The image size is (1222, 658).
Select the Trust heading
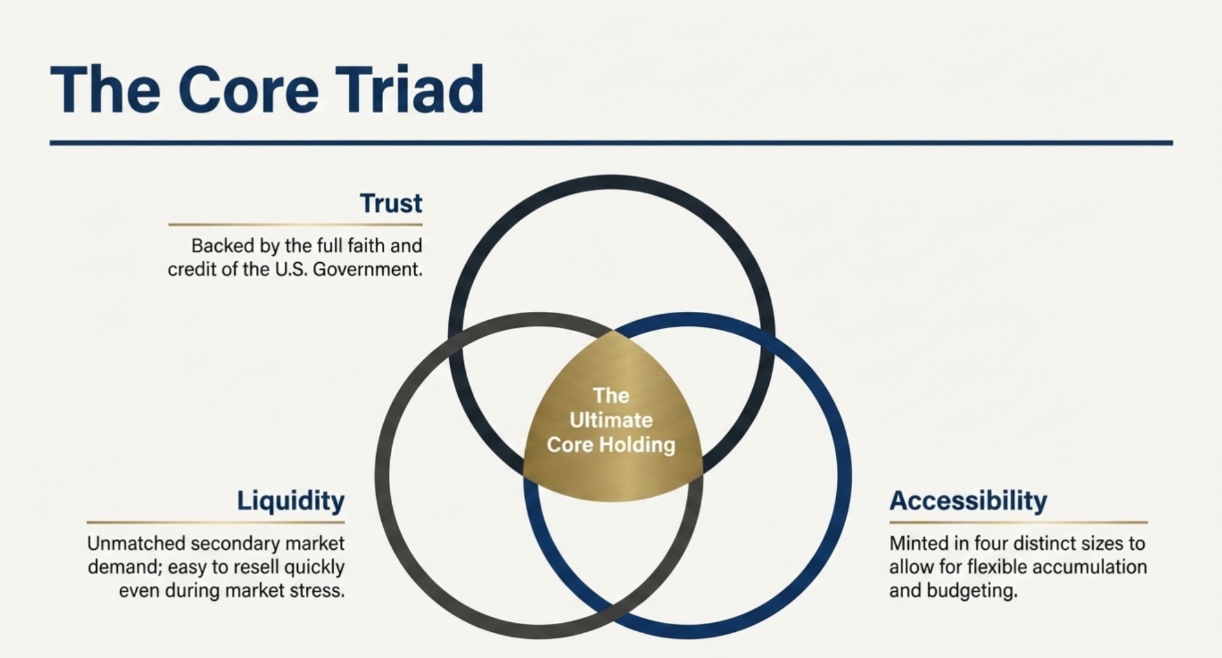point(391,204)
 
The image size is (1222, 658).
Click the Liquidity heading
point(291,501)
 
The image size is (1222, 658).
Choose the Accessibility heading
point(968,501)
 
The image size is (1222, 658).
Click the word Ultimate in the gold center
point(611,420)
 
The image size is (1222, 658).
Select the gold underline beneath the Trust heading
point(295,225)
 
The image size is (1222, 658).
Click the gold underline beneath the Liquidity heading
point(216,522)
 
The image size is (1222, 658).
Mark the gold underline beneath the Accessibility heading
point(1018,522)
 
